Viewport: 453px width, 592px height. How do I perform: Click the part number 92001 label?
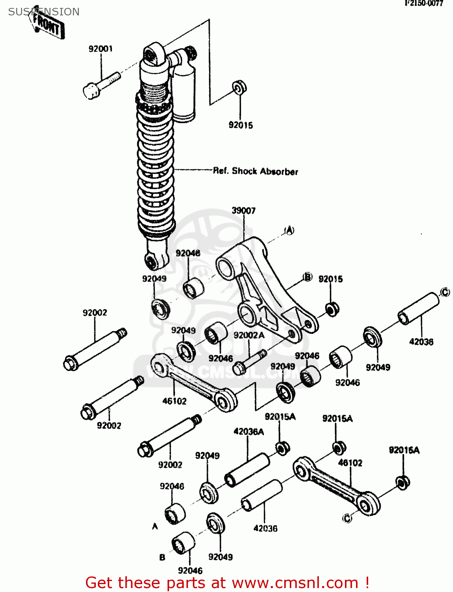click(101, 49)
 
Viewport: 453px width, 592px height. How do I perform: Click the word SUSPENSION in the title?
click(44, 12)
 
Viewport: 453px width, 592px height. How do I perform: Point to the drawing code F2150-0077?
click(424, 4)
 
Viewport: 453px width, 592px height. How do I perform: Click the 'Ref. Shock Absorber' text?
click(255, 171)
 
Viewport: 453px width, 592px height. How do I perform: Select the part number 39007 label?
click(243, 210)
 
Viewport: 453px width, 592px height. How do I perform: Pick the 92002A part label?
click(249, 335)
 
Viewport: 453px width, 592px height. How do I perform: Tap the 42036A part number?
click(249, 432)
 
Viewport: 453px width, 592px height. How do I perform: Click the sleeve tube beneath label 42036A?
click(247, 470)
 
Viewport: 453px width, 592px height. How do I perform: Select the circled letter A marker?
click(289, 230)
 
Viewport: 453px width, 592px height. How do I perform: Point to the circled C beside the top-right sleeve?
click(444, 292)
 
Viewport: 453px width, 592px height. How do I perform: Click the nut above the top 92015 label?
click(239, 88)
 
